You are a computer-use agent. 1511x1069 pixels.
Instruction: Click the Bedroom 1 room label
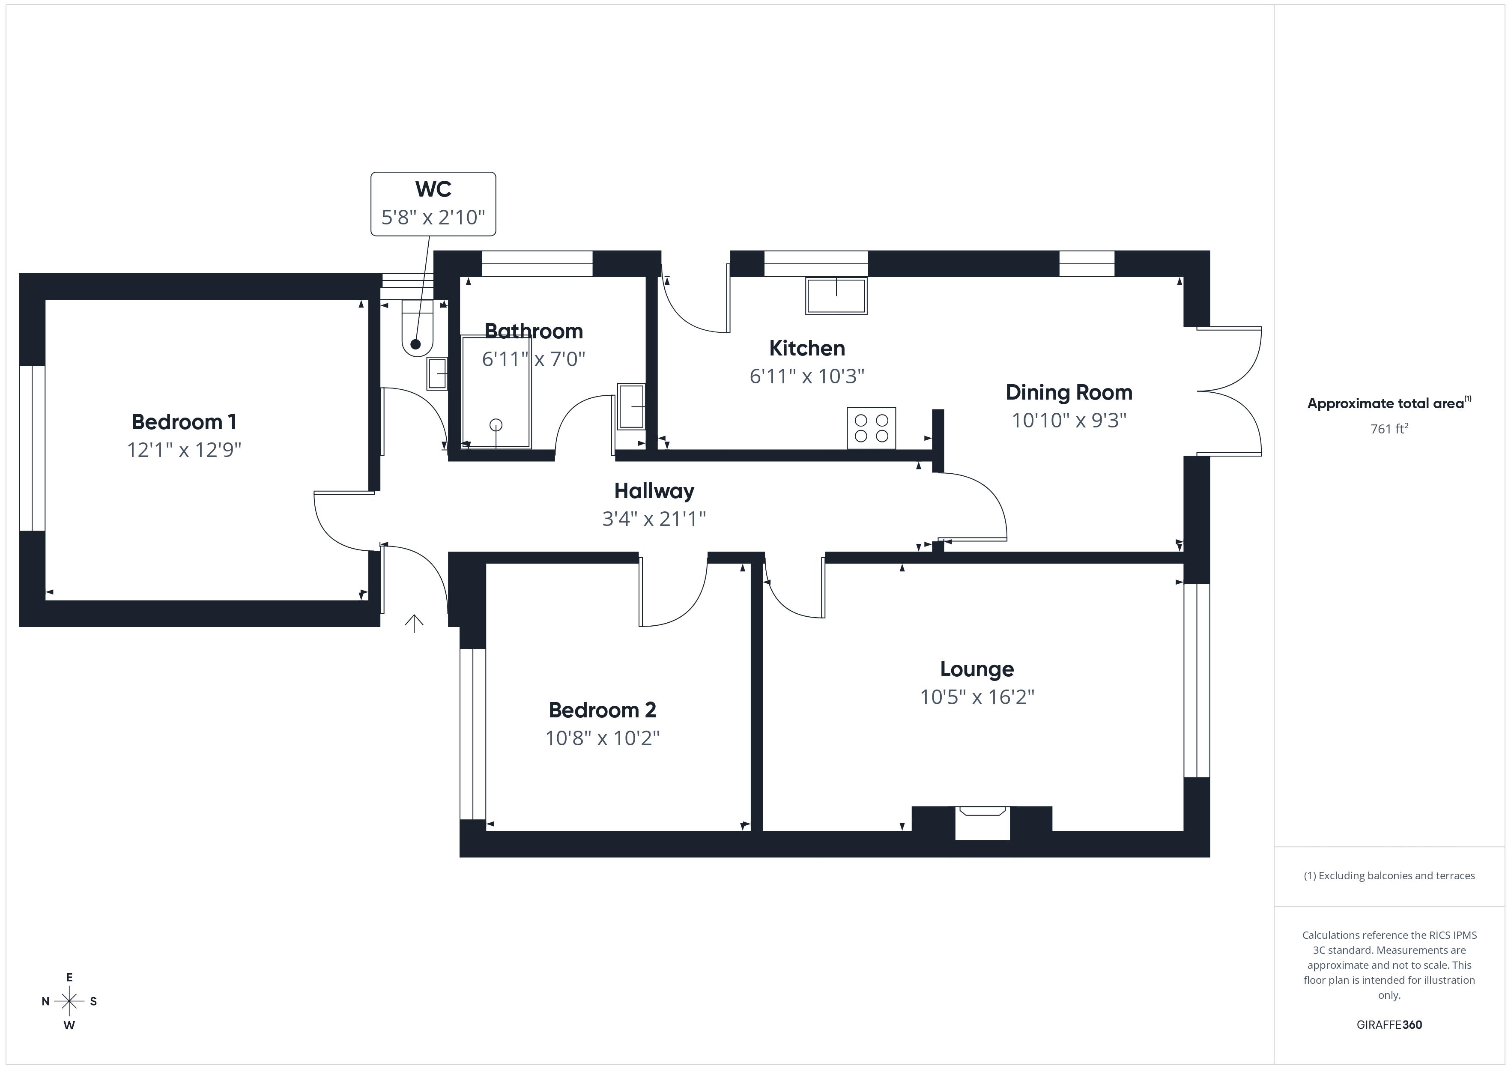184,422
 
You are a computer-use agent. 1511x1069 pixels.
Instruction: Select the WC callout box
433,203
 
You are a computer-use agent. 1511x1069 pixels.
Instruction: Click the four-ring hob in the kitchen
871,428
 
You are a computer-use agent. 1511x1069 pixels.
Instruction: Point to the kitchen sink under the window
836,296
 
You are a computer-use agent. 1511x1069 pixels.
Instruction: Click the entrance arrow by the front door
413,623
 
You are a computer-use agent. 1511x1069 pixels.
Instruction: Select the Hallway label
654,491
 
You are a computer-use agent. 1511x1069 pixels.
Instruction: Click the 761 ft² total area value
1389,429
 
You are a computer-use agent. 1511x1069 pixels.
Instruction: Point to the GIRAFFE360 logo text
1389,1025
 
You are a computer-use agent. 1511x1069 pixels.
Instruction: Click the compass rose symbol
69,1001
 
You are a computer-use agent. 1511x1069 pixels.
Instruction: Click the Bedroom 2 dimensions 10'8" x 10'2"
602,738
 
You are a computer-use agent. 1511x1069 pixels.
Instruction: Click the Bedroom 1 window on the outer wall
32,448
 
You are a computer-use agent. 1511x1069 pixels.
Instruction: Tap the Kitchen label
807,348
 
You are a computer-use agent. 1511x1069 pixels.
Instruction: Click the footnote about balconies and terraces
1389,875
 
